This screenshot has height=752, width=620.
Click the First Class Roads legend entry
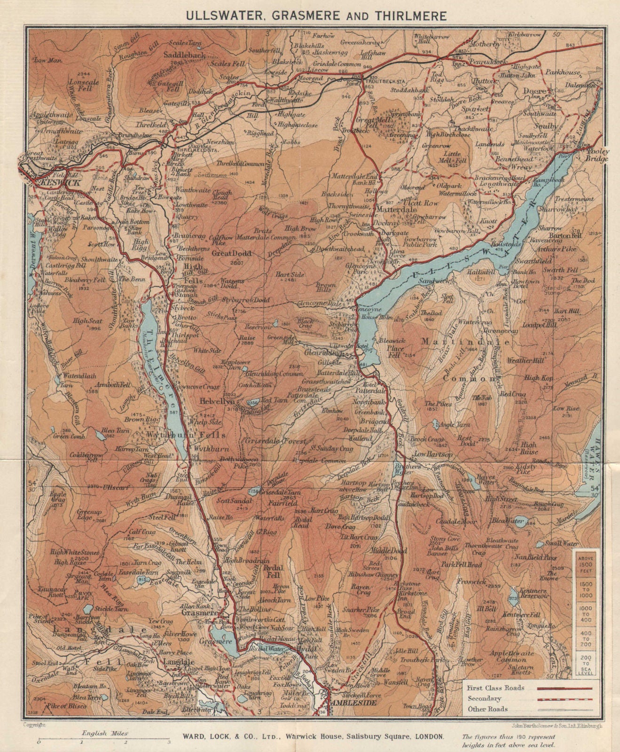pyautogui.click(x=495, y=688)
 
